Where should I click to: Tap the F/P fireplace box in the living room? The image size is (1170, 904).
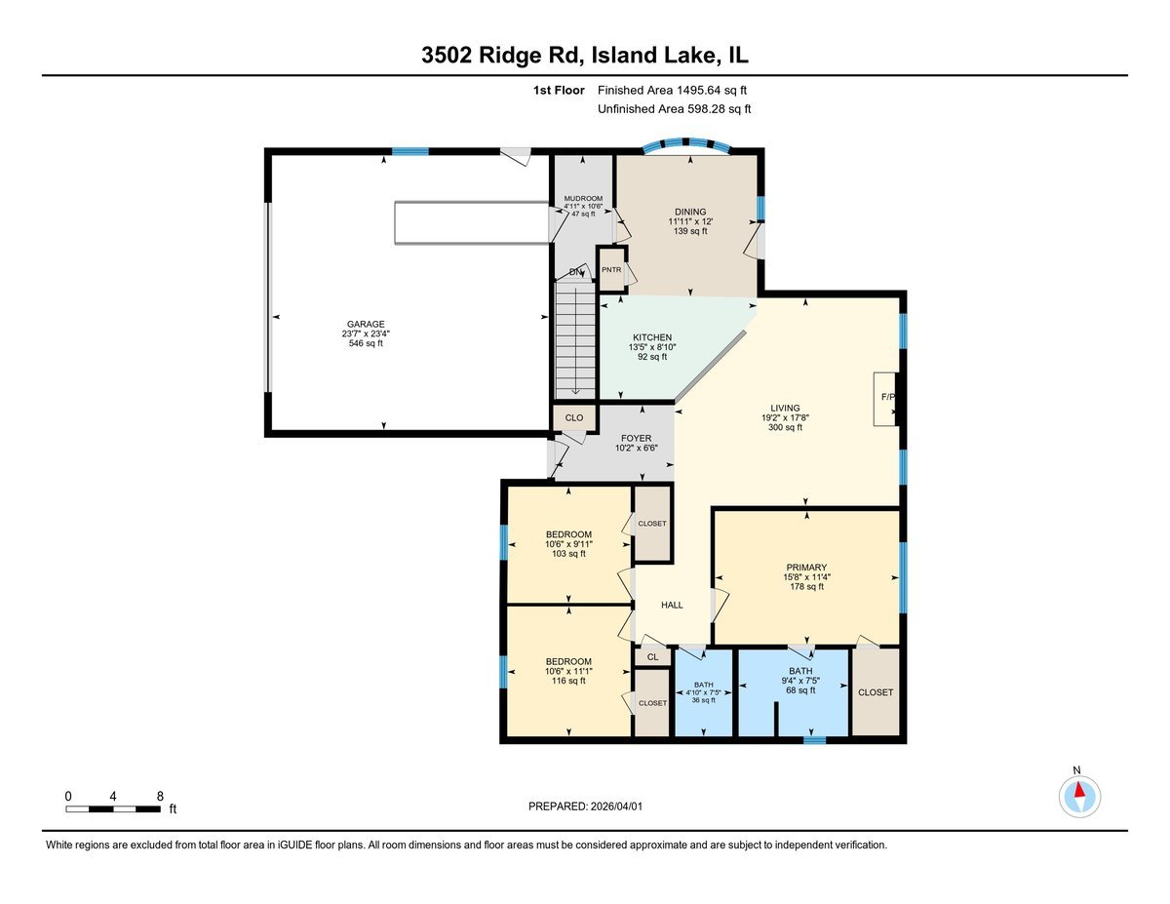coord(885,398)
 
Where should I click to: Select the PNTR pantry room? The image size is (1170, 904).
coord(611,270)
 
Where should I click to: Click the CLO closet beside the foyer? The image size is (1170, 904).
coord(574,417)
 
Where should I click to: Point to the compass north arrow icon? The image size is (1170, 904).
coord(1078,797)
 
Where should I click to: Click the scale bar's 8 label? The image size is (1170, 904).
coord(159,796)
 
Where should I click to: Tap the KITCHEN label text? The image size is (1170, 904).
coord(651,337)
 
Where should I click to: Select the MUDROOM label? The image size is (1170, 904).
coord(582,199)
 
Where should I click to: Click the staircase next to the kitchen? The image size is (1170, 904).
coord(575,336)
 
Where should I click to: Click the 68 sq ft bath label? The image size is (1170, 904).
coord(800,672)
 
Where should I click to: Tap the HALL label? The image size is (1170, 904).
coord(672,605)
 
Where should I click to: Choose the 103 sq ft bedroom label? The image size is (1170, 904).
coord(568,534)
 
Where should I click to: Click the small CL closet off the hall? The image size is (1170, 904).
coord(652,657)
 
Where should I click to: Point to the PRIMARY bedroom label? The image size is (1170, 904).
coord(806,568)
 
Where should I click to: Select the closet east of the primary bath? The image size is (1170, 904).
coord(876,692)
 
